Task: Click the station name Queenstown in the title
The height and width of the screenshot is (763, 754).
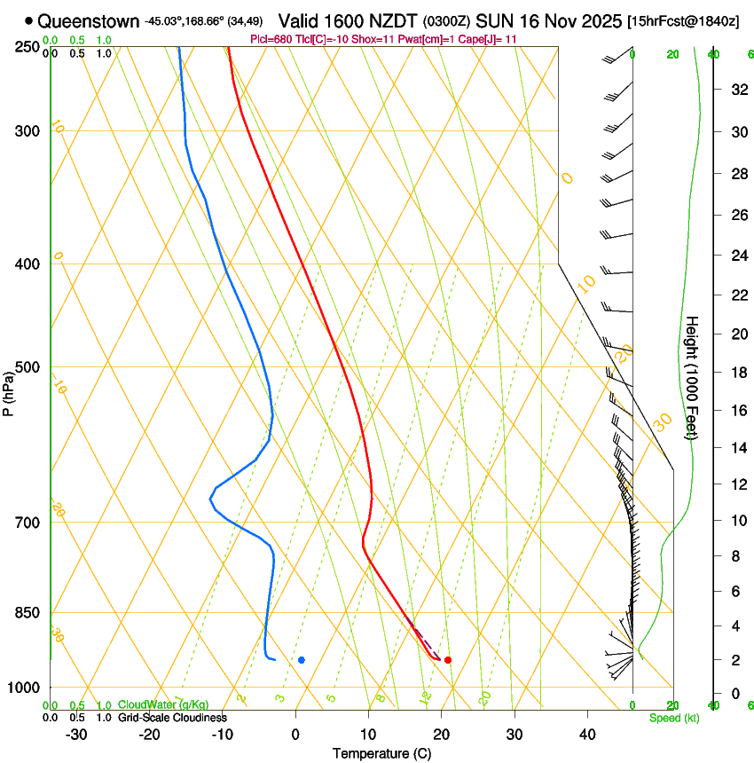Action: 89,20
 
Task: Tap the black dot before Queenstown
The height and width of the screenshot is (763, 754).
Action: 29,20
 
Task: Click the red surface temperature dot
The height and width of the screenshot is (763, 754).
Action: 448,660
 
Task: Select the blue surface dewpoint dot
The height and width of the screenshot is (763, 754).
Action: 302,660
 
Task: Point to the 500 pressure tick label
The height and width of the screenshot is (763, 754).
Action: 27,367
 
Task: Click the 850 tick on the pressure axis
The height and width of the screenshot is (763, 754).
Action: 27,613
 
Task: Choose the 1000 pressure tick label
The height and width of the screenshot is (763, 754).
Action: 24,688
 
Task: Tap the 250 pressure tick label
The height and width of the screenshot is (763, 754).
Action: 27,46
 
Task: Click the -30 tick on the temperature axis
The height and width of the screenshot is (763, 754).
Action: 76,735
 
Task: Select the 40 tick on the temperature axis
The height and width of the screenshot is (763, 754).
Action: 587,735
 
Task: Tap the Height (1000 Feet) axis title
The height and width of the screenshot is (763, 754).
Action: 692,377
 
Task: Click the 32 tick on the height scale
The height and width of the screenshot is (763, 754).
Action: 737,90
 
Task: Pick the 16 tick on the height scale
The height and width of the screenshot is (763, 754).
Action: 737,411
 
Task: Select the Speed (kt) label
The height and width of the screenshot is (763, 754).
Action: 673,718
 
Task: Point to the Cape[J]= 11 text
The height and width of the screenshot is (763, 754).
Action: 485,40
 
